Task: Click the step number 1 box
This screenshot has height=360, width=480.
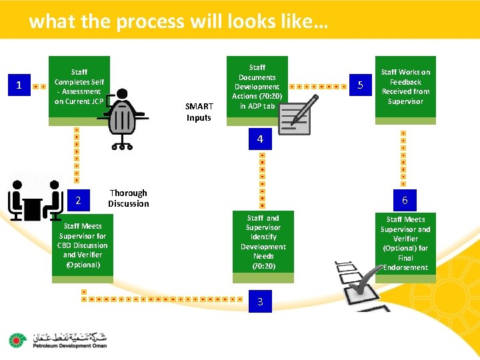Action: point(19,85)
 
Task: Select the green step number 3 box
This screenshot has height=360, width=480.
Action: point(260,301)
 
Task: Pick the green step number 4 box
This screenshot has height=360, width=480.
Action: point(260,139)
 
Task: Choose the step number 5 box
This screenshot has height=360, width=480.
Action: point(360,85)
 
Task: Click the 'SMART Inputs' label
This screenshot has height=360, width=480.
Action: point(199,112)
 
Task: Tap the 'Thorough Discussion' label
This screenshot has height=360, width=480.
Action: point(129,198)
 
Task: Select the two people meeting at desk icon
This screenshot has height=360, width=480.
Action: point(33,198)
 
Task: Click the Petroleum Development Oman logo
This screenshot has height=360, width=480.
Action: point(57,340)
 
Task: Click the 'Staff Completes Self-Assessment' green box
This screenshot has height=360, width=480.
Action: point(79,87)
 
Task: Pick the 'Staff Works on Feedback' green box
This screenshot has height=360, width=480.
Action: point(405,87)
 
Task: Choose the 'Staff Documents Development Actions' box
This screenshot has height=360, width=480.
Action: point(257,87)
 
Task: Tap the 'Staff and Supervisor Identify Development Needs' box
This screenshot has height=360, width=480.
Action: point(263,242)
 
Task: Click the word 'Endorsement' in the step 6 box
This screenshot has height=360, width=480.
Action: point(406,267)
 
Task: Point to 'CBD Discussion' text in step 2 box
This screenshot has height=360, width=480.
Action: point(83,245)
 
